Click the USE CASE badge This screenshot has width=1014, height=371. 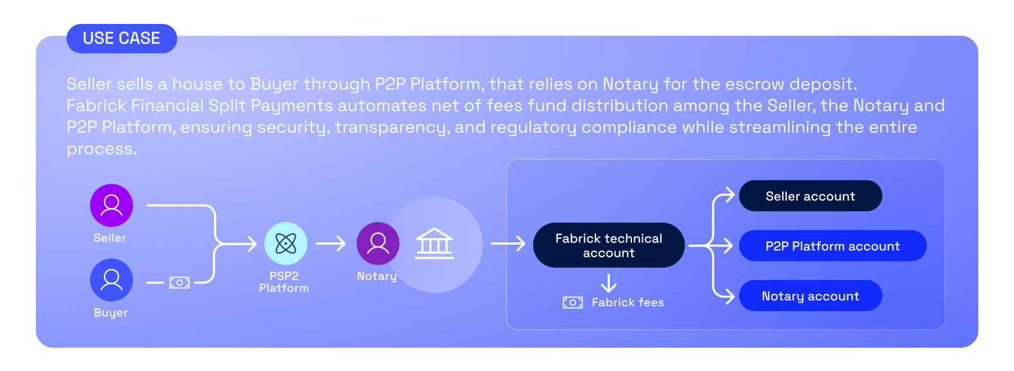(x=121, y=38)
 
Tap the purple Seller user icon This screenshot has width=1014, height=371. (x=111, y=205)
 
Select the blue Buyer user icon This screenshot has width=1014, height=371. (x=111, y=280)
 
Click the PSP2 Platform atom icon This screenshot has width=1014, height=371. (x=286, y=244)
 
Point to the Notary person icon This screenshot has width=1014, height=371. (x=378, y=244)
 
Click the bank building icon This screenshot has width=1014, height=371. (x=435, y=244)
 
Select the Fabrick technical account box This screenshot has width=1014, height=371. (x=609, y=245)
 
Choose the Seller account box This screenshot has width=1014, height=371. (x=810, y=196)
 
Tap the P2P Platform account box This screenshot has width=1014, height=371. (x=832, y=246)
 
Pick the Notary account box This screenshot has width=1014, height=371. (x=810, y=296)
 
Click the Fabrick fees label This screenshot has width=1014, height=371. (x=628, y=303)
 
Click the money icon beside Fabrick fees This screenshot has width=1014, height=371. (x=572, y=303)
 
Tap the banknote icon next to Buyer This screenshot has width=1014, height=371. (x=179, y=282)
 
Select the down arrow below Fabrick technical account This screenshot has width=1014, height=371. (x=609, y=283)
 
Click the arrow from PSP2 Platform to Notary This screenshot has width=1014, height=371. (x=331, y=244)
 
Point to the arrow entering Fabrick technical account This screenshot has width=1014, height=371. (x=508, y=244)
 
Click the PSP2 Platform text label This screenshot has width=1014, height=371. (x=284, y=282)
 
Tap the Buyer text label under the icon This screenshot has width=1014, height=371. (x=111, y=313)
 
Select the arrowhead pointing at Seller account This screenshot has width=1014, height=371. (x=729, y=195)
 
